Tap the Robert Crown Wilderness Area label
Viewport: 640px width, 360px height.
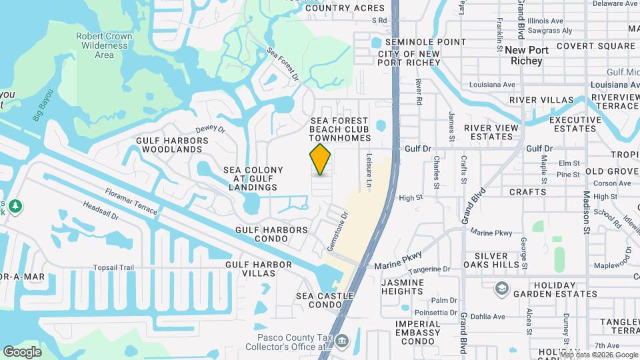click(x=104, y=45)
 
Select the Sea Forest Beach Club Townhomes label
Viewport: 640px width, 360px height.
click(x=340, y=129)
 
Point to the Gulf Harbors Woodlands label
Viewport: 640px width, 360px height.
click(x=172, y=145)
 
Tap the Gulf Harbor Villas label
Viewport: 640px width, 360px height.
click(x=259, y=269)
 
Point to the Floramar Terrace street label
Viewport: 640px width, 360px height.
click(x=131, y=201)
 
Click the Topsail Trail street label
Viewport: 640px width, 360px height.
click(x=113, y=268)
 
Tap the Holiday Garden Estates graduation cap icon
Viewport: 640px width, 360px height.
click(x=501, y=289)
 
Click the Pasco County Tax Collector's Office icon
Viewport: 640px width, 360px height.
click(x=342, y=341)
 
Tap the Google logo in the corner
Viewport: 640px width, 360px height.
click(x=22, y=351)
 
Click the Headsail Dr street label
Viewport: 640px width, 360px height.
click(x=101, y=211)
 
